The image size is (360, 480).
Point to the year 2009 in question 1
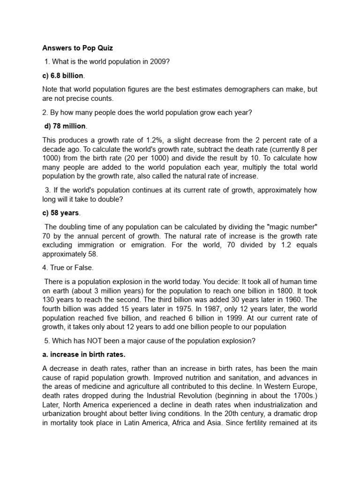click(x=167, y=61)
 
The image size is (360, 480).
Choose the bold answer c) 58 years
click(x=61, y=213)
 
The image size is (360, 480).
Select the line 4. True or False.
click(x=68, y=268)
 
